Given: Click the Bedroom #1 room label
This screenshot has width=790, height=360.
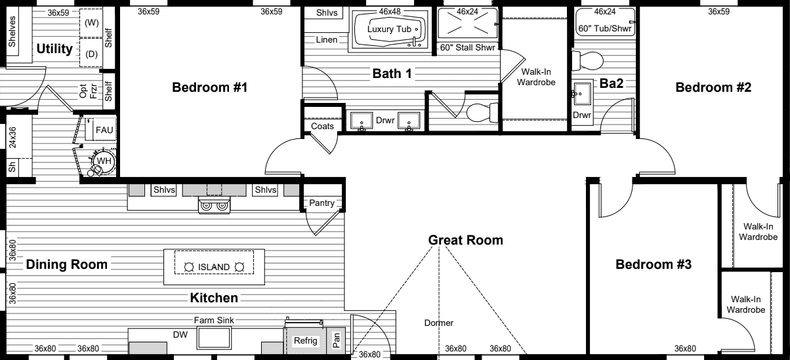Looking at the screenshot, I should coord(209,87).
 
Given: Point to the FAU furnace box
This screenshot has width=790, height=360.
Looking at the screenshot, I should coord(104,130).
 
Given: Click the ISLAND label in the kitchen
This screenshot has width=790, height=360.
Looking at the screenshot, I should coord(214,267).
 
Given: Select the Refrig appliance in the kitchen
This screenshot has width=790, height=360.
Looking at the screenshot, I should coord(305,341).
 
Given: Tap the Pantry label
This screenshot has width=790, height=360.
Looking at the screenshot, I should coord(322,204).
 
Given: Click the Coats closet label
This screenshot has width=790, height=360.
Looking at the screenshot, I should coord(322,126).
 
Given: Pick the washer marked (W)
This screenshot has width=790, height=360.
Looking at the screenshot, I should coord(91,23).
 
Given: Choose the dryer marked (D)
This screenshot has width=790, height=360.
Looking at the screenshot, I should coord(91,54).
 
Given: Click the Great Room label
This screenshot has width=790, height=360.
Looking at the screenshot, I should coord(465,240).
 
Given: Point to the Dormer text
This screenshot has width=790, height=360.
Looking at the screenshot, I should coord(438,323).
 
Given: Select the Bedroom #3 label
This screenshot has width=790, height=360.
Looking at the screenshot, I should coord(654,264).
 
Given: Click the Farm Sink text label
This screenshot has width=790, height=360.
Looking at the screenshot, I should coord(214,320).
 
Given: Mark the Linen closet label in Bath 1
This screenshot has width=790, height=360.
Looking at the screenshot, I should coord(326,40).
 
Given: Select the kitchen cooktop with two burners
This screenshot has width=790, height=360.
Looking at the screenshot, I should coord(215,206).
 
